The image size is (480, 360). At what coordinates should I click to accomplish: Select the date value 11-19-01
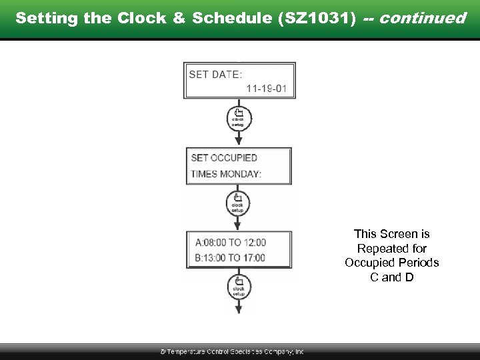267,88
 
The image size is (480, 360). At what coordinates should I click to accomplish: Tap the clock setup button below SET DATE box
238,117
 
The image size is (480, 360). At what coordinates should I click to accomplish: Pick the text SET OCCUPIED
224,158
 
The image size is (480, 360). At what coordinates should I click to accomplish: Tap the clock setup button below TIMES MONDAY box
238,202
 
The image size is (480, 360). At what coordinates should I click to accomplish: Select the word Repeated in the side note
392,248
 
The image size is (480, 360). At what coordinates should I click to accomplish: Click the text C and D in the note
392,277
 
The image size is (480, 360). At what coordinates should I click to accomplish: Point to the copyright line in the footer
232,351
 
